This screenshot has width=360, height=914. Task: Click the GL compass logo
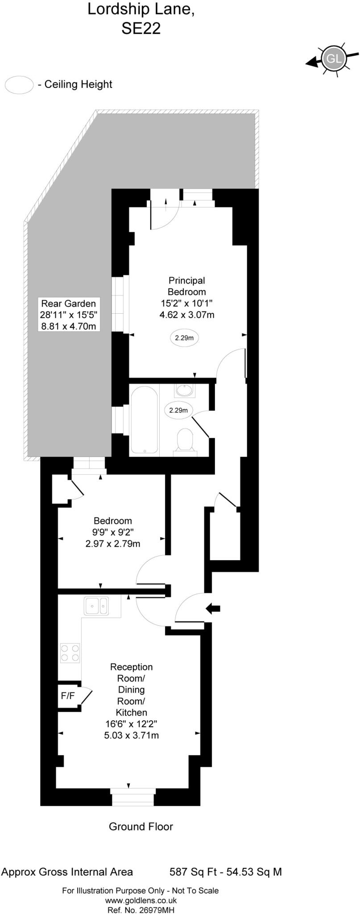pos(334,58)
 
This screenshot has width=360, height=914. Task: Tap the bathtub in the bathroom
pos(144,420)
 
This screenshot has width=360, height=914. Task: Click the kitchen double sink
pos(96,606)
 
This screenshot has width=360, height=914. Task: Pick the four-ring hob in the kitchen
pos(70,653)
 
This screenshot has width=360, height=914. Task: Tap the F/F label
pos(68,695)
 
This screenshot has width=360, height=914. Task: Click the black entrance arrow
pos(213,608)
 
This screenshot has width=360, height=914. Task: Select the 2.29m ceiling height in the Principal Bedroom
pos(184,338)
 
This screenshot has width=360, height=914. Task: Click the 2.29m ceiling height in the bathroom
pos(178,410)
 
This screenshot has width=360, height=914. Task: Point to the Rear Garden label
pos(68,304)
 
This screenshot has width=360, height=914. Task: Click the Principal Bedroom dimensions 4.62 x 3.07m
pos(187,315)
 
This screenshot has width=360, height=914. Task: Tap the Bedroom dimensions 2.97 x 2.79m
pos(112,544)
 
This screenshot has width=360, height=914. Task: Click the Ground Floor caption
pos(141,827)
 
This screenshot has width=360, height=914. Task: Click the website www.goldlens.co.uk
pos(141,901)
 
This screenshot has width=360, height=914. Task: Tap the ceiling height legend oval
pos(19,84)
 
